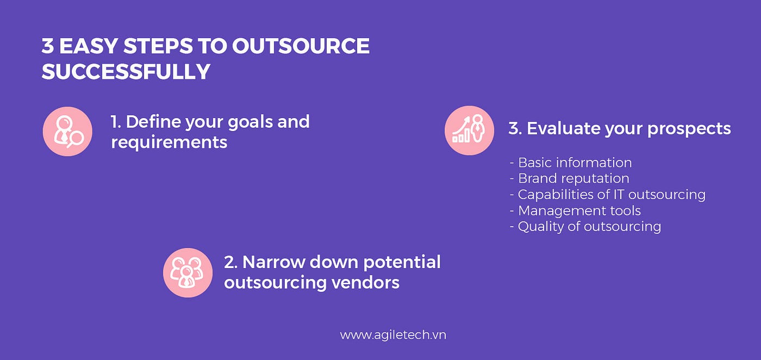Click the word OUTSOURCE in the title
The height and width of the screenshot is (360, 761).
[301, 46]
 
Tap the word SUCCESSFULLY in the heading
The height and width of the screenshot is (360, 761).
[126, 72]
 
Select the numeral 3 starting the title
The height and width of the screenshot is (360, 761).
[48, 46]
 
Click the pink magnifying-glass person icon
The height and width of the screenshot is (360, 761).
[67, 132]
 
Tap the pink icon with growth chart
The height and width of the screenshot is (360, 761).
[469, 131]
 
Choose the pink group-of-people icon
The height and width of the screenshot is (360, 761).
[188, 272]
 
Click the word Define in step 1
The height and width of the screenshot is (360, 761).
[153, 122]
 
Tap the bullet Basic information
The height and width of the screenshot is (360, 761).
[571, 163]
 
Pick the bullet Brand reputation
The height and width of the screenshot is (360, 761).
[570, 178]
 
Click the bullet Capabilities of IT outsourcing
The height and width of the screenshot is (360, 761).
[608, 195]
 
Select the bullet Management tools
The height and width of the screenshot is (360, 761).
[576, 211]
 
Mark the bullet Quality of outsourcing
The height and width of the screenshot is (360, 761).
[585, 227]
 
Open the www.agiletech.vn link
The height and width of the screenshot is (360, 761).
[393, 335]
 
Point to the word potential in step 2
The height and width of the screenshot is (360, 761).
[402, 263]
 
